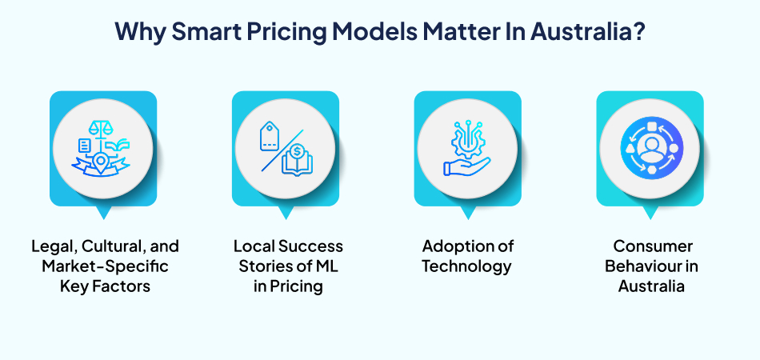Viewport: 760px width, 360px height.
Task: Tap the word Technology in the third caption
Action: coord(468,266)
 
